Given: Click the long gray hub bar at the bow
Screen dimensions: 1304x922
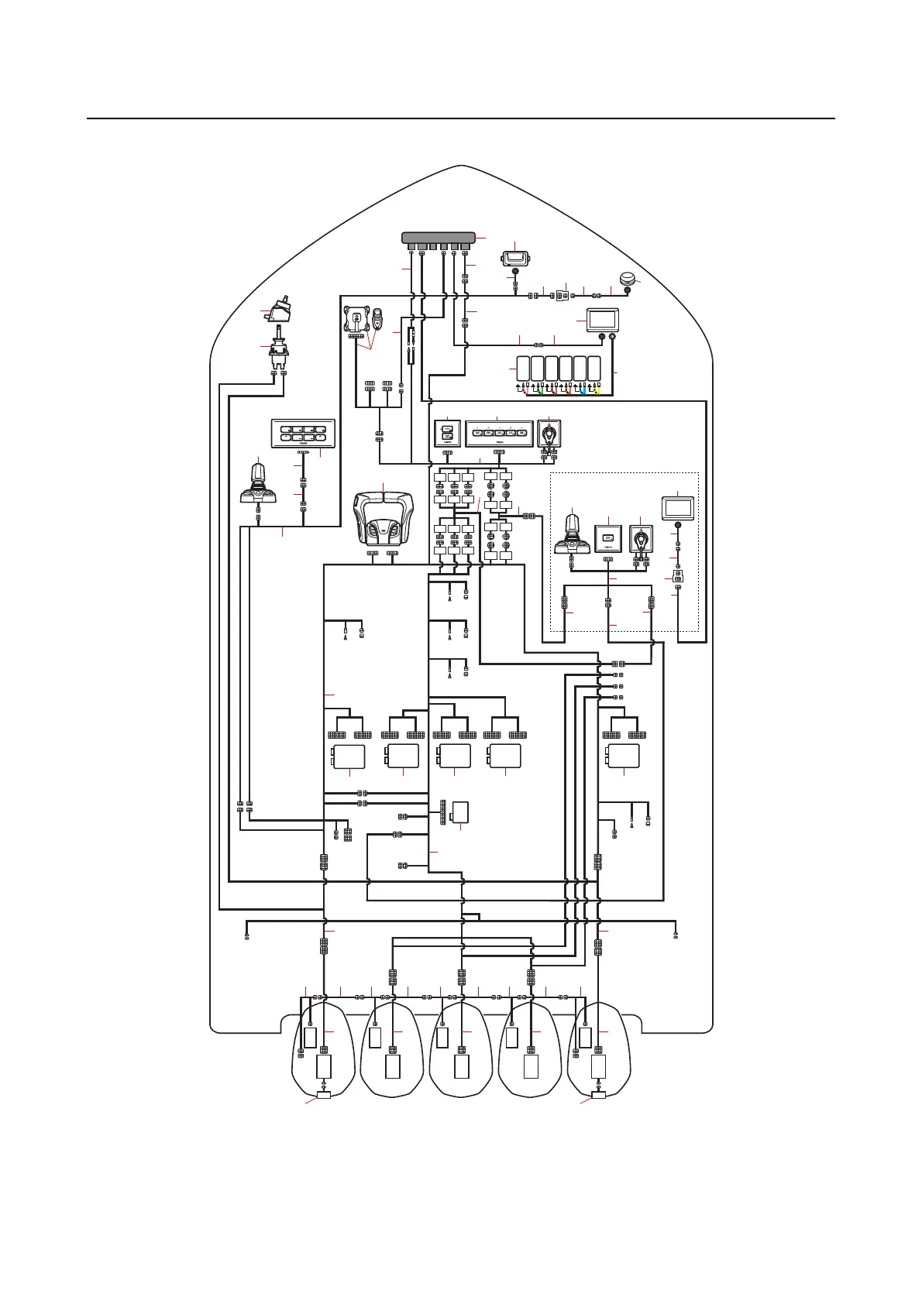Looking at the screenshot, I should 439,236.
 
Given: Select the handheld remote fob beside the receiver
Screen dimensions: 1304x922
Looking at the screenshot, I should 377,317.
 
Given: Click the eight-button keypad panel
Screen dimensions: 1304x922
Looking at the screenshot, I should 303,434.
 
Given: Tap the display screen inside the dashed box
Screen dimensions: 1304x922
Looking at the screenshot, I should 678,508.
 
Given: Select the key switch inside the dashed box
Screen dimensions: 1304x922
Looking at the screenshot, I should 642,539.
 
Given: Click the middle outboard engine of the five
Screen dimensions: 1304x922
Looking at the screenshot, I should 462,1049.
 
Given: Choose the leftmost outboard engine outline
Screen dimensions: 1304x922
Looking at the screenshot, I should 324,1049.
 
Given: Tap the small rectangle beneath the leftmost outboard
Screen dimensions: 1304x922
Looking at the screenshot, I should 324,1095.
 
